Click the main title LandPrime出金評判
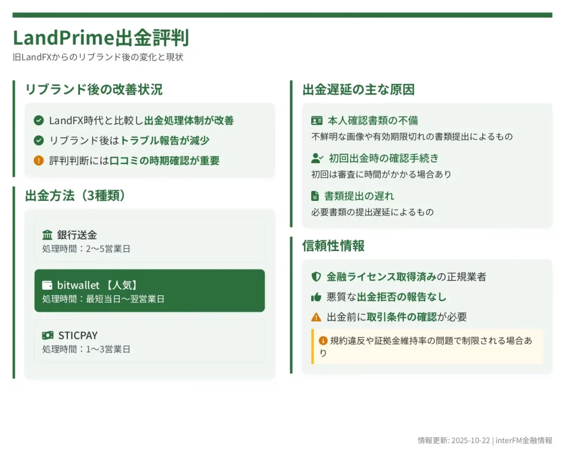[101, 38]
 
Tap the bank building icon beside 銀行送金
[47, 235]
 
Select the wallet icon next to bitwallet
[47, 285]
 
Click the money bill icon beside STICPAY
[47, 336]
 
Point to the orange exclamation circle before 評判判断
[39, 161]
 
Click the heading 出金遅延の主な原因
[359, 89]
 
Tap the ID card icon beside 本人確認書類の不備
[317, 120]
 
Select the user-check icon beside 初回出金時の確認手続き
[317, 158]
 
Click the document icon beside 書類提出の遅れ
[315, 196]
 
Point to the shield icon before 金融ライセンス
[316, 277]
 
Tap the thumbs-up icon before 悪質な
[316, 297]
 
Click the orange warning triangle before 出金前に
[316, 317]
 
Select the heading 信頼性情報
[333, 246]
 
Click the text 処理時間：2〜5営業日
[86, 249]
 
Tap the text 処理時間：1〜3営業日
[86, 349]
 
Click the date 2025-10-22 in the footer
[471, 440]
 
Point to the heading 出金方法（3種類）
[75, 195]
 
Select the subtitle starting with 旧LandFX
[98, 57]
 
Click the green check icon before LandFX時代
[39, 120]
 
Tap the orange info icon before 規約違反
[323, 341]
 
